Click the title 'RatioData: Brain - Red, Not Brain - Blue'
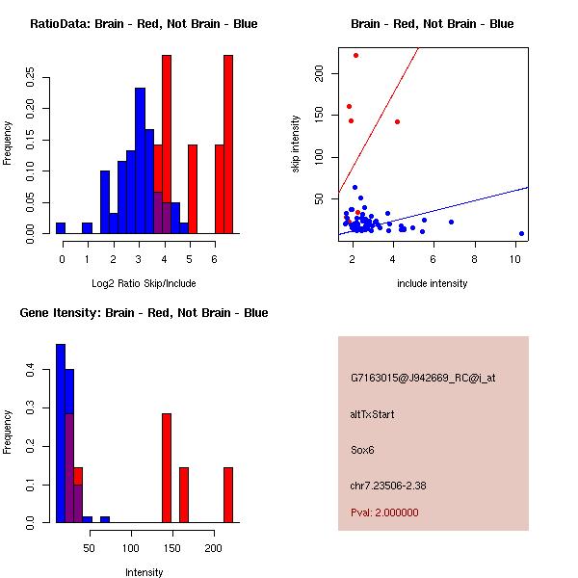coord(144,24)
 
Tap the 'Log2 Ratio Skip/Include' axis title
coord(144,283)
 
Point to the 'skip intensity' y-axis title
coord(296,144)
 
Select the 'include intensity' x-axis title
coord(433,283)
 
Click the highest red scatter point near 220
coord(355,55)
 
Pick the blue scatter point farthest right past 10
coord(521,233)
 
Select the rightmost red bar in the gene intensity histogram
coord(228,494)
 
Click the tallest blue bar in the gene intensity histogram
coord(60,433)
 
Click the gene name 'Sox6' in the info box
coord(362,450)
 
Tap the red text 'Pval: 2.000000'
coord(384,512)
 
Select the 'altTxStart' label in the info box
coord(373,414)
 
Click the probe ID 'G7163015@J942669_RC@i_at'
coord(422,378)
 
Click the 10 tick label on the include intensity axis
coord(515,258)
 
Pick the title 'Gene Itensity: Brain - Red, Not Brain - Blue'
coord(144,313)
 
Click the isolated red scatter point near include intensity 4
coord(397,121)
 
